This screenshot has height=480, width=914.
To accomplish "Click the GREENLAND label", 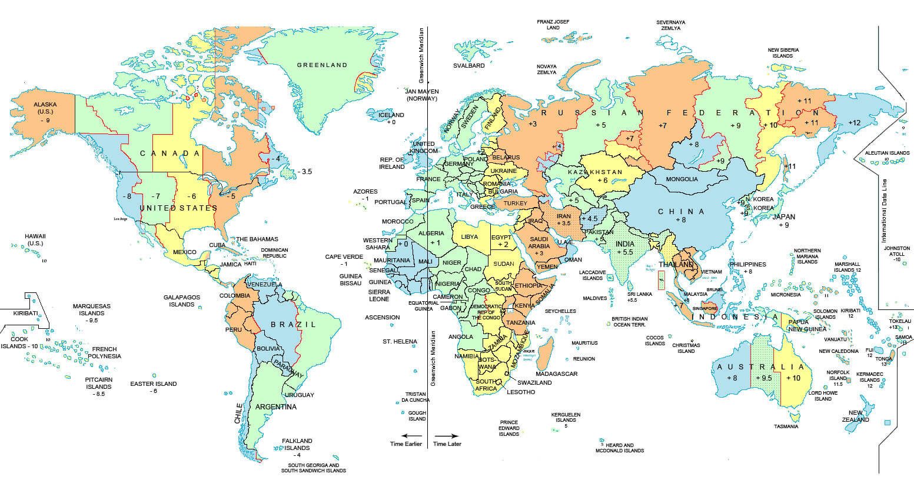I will (x=322, y=65).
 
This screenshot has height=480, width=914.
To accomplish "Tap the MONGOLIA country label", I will (x=682, y=179).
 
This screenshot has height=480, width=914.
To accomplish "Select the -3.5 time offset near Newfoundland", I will (x=305, y=171).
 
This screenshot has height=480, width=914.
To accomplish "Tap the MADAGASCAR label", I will (x=556, y=374).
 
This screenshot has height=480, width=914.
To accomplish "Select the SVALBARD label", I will (x=468, y=65).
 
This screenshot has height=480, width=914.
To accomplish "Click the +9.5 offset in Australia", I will (x=763, y=378).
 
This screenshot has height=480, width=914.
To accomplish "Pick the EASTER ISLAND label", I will (x=153, y=384).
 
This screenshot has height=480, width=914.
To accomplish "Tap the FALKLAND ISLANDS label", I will (x=297, y=444).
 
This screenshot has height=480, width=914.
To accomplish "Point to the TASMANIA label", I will (x=786, y=426).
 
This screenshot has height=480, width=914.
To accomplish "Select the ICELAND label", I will (x=391, y=115).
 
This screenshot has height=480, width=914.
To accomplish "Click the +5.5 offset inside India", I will (x=623, y=252).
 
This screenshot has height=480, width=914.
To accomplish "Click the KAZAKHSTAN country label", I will (x=595, y=172).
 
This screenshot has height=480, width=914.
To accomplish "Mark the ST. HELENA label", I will (x=400, y=341).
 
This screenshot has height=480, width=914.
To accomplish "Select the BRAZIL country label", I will (x=293, y=324).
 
